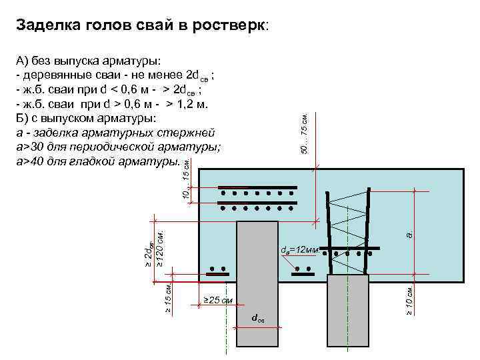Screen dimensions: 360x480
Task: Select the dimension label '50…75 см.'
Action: coord(305,134)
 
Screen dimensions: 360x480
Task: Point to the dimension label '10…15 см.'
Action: coord(186,179)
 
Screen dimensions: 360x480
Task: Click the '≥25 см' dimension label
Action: coord(217,301)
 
